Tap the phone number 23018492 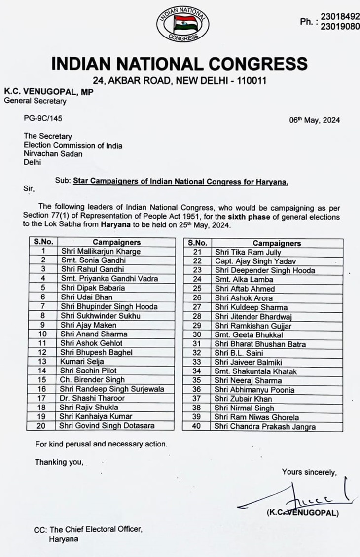(x=340, y=17)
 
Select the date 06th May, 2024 (x=315, y=120)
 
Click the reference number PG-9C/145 (x=43, y=118)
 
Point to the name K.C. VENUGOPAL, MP (x=48, y=91)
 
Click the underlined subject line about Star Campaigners (x=180, y=182)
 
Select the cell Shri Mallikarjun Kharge (x=101, y=251)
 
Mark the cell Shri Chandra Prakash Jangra (x=265, y=426)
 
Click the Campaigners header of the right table (x=276, y=243)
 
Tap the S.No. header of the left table (x=43, y=242)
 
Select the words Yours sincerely (x=309, y=472)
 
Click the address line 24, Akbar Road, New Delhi (x=180, y=80)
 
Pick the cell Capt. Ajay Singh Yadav (x=255, y=261)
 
